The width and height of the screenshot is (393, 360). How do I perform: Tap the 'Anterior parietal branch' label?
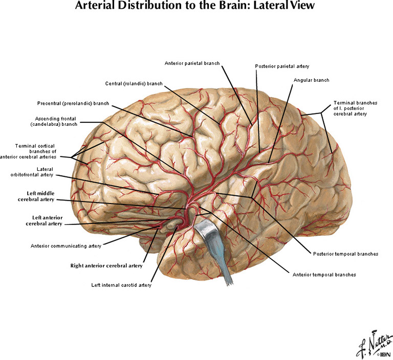[x=192, y=63]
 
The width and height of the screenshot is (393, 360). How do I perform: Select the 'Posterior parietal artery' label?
[x=282, y=66]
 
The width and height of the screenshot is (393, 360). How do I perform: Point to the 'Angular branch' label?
[x=311, y=80]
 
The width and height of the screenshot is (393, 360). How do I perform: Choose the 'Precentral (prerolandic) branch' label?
[x=73, y=103]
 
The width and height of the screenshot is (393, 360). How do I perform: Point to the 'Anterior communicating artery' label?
[x=66, y=245]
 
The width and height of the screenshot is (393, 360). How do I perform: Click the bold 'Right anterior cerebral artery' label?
[x=106, y=266]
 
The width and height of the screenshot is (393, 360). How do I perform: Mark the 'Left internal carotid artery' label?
[x=121, y=285]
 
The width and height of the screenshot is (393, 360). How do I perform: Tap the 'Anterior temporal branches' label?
[x=324, y=275]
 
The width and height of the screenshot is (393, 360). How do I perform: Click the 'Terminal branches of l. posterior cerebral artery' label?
[x=355, y=108]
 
